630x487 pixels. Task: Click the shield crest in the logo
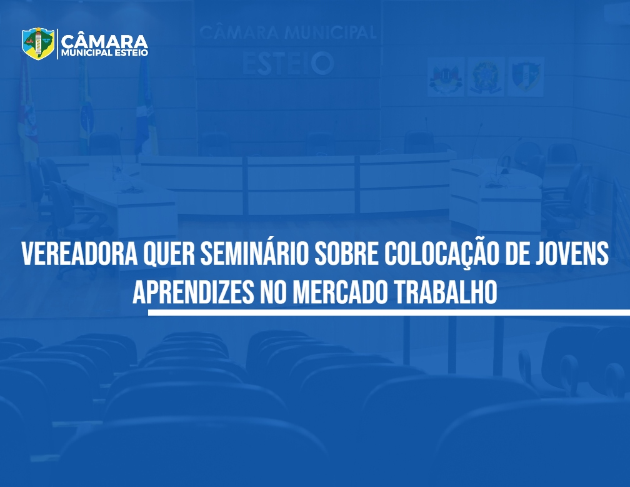click(x=38, y=43)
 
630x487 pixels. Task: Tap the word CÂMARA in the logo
click(x=104, y=41)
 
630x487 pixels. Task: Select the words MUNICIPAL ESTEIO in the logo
click(x=104, y=53)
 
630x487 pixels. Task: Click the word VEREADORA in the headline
click(x=79, y=253)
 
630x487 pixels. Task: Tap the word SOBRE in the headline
click(x=346, y=253)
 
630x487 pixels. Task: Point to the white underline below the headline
click(x=389, y=312)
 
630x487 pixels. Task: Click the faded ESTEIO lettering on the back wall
click(x=288, y=64)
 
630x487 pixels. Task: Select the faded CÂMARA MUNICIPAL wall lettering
click(x=288, y=32)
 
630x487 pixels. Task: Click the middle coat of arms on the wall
click(x=486, y=76)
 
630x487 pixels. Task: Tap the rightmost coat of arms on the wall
click(x=526, y=76)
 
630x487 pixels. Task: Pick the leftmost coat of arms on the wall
click(x=446, y=76)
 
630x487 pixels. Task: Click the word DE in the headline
click(x=517, y=253)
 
